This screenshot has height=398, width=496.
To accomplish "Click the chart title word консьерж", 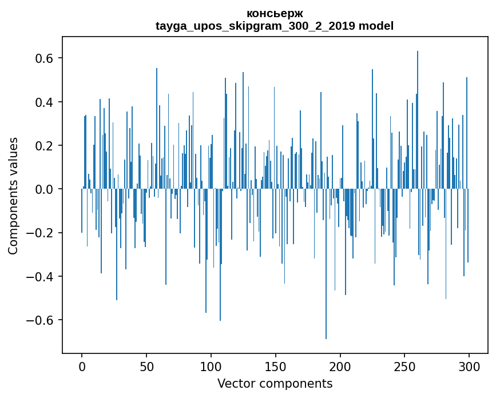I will tap(275, 13).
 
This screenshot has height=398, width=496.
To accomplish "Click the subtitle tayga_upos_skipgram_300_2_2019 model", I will tap(275, 26).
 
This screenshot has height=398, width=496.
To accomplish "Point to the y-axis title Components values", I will tap(13, 196).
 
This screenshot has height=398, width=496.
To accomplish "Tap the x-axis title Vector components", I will tap(275, 383).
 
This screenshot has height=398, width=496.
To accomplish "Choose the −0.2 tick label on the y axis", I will tap(40, 233).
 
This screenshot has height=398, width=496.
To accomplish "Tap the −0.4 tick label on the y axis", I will tap(40, 277).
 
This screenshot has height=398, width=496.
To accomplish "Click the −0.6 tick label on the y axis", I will tap(40, 320).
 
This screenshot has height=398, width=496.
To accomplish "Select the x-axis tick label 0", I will tap(82, 366).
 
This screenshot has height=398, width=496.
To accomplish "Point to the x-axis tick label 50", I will tap(146, 366).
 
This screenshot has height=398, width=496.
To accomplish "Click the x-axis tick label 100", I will tap(211, 366).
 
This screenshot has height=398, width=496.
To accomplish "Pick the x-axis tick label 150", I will tap(276, 366).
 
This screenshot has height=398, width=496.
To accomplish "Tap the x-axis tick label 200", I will tap(340, 366).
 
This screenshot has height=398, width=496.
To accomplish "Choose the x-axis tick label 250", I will tap(405, 366).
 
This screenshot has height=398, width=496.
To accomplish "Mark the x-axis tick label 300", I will tap(470, 366).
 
